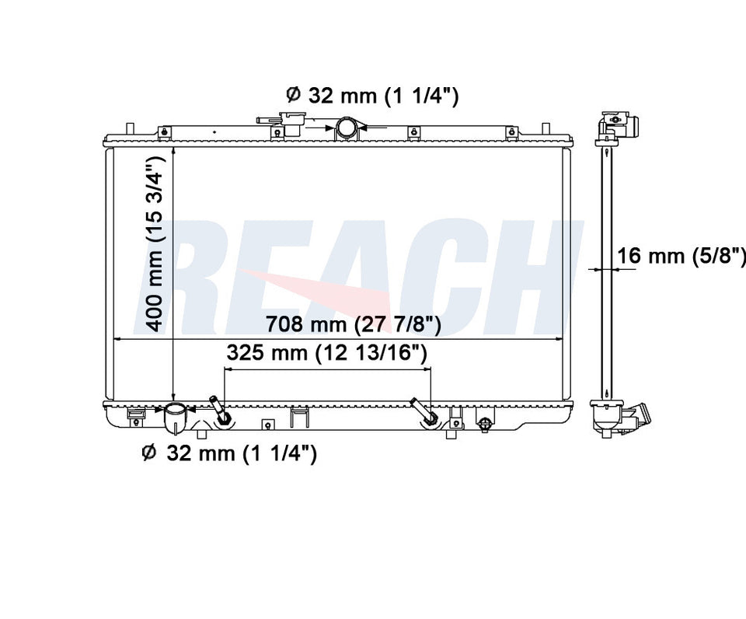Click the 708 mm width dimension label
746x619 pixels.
(x=353, y=325)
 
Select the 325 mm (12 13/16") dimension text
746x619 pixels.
(x=326, y=353)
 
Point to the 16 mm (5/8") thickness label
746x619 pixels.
(x=682, y=256)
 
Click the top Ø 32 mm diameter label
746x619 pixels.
(x=372, y=96)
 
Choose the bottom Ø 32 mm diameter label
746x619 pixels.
(x=229, y=453)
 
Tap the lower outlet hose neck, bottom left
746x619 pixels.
(x=176, y=419)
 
